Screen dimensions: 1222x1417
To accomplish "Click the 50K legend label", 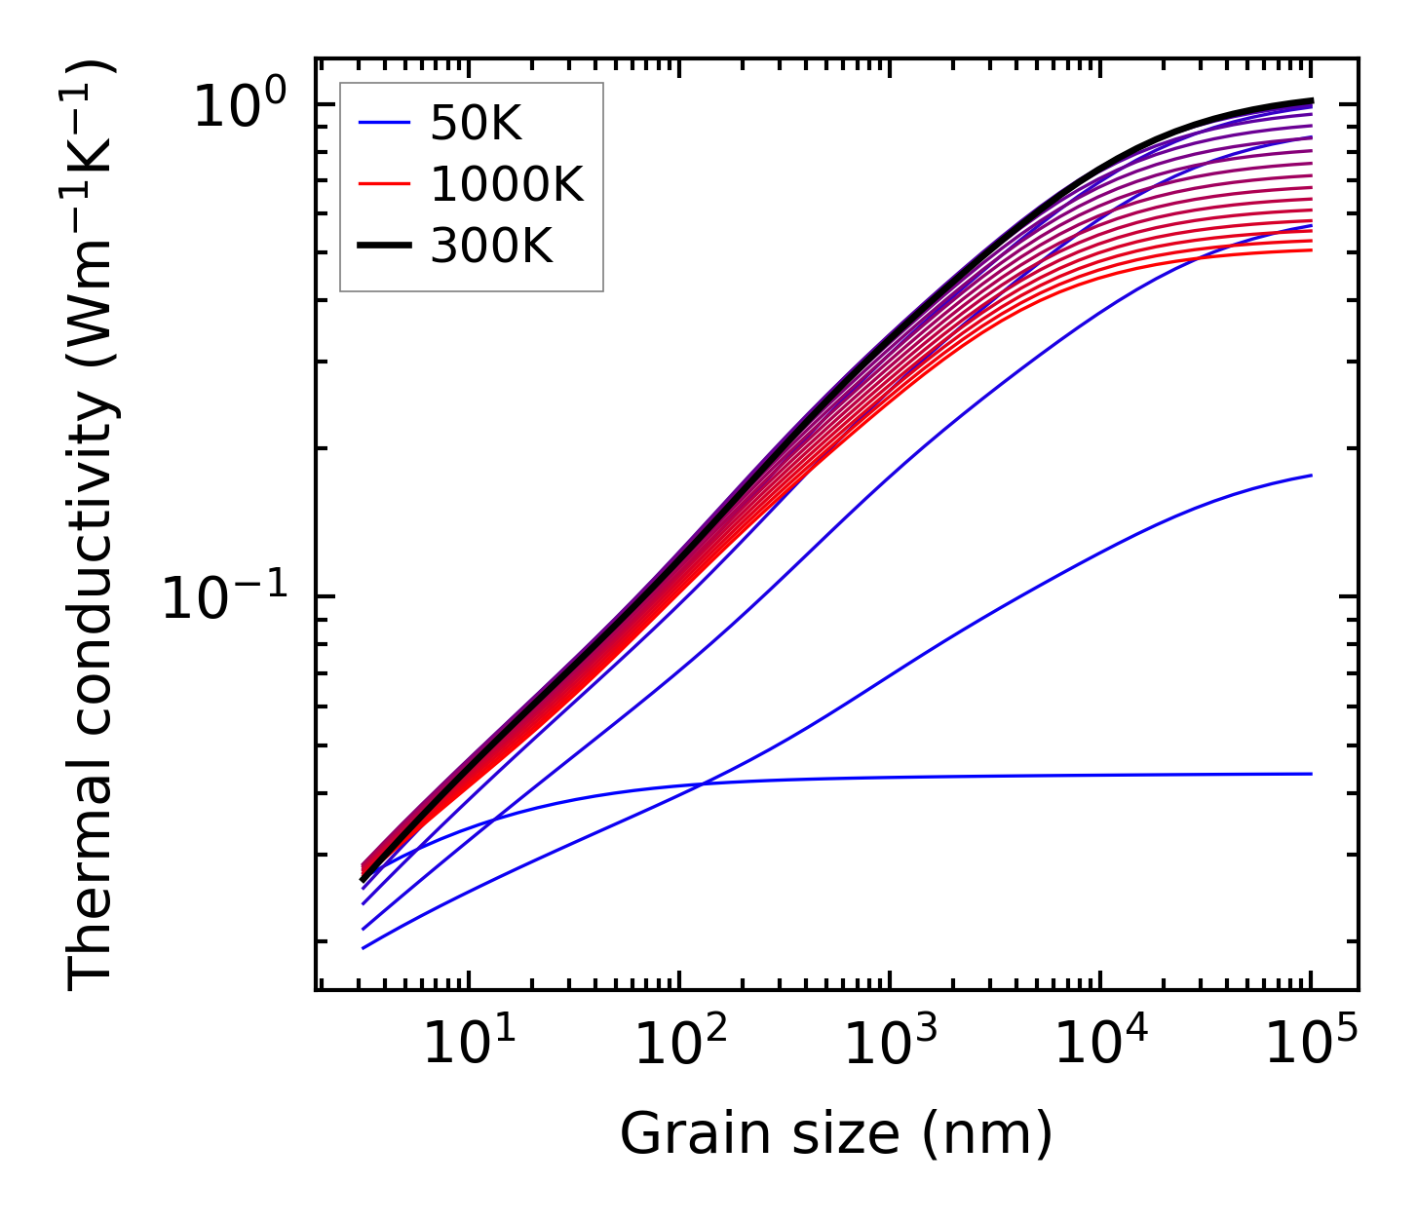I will pyautogui.click(x=476, y=124).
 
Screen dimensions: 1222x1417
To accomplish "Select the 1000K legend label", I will pyautogui.click(x=507, y=185).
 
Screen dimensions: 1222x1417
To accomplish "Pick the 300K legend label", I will pyautogui.click(x=491, y=247).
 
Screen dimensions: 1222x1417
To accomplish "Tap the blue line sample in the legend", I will pyautogui.click(x=384, y=124).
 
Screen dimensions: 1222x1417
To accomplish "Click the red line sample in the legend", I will pyautogui.click(x=384, y=185).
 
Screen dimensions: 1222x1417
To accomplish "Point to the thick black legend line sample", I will pyautogui.click(x=384, y=247).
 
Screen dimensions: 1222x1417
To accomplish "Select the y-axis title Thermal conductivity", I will pyautogui.click(x=93, y=524).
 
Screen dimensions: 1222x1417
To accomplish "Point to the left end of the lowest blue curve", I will pyautogui.click(x=363, y=948).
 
